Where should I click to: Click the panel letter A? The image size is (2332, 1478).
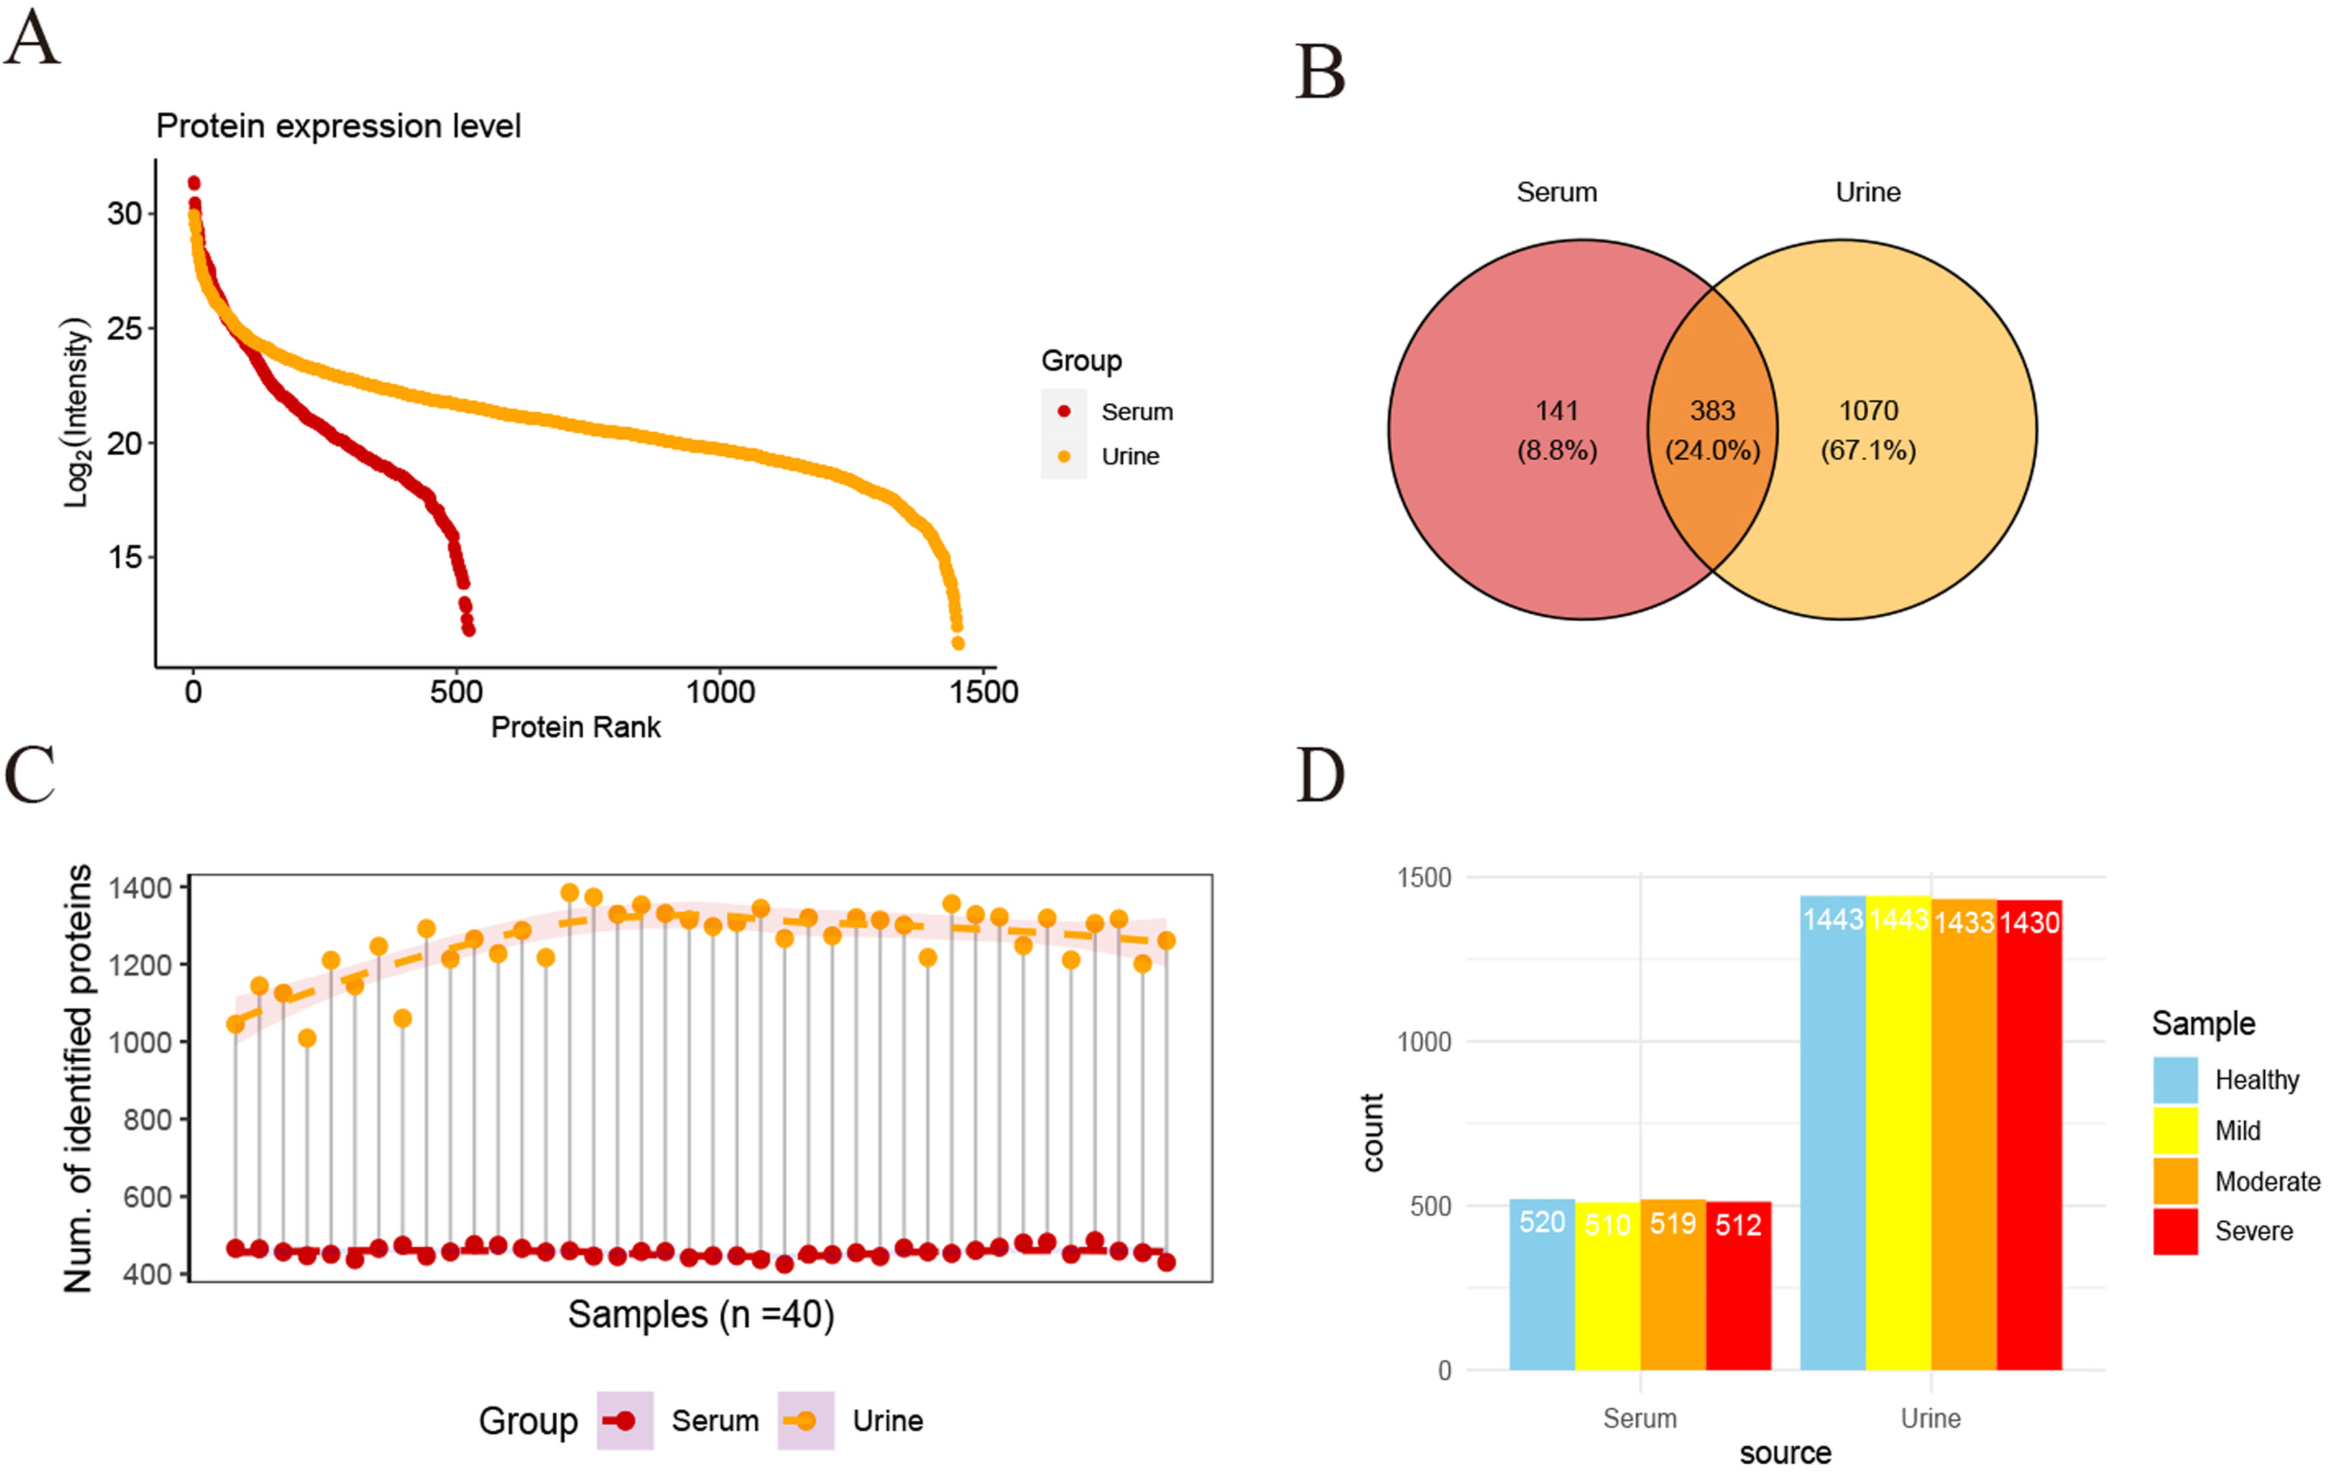(x=32, y=39)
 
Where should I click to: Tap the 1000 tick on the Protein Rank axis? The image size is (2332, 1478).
(x=720, y=692)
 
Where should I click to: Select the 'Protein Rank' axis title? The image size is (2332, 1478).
(x=575, y=727)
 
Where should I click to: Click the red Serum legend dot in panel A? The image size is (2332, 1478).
(x=1063, y=412)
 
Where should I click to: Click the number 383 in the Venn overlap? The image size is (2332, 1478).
(x=1712, y=410)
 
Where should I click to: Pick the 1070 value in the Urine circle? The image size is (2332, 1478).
(x=1868, y=410)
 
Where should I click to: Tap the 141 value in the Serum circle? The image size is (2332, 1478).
(x=1556, y=410)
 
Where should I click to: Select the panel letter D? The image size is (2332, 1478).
(x=1320, y=775)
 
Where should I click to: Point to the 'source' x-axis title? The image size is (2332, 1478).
(x=1785, y=1453)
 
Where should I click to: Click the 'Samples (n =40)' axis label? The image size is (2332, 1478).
(x=700, y=1314)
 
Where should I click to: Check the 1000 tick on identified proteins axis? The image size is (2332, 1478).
(x=140, y=1042)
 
